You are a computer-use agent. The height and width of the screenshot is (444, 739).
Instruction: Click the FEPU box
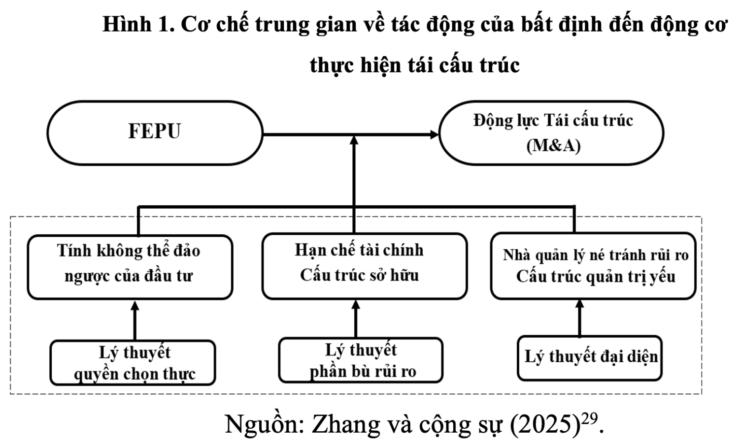coord(155,132)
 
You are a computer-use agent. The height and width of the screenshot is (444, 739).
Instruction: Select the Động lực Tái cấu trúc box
coord(551,132)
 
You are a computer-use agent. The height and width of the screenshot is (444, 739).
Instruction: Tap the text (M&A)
coord(553,146)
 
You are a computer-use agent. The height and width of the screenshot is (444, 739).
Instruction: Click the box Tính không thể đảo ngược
coord(130,267)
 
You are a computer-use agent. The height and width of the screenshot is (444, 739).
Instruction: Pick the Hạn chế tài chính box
coord(364,266)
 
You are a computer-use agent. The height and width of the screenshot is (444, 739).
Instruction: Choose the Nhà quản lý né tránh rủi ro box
coord(593,266)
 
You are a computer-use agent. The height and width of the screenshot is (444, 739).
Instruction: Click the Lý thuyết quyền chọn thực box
coord(133,363)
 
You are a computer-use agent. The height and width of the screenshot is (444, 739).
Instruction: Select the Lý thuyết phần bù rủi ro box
coord(361,360)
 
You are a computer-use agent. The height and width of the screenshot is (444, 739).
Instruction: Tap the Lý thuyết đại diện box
coord(590,358)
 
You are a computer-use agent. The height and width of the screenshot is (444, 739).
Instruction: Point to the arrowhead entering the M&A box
coord(434,134)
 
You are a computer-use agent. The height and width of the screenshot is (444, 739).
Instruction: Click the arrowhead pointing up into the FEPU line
coord(354,141)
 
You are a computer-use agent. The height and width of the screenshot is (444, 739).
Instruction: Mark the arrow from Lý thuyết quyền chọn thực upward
coord(135,320)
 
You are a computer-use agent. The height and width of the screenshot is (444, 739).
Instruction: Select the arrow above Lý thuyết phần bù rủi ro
coord(356,318)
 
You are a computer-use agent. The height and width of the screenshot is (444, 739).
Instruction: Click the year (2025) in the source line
coord(544,424)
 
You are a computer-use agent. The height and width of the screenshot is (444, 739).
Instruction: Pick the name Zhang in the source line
coord(343,424)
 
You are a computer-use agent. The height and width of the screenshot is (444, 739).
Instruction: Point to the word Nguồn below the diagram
coord(264,424)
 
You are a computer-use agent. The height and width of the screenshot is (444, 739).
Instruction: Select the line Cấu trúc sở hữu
coord(359,275)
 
